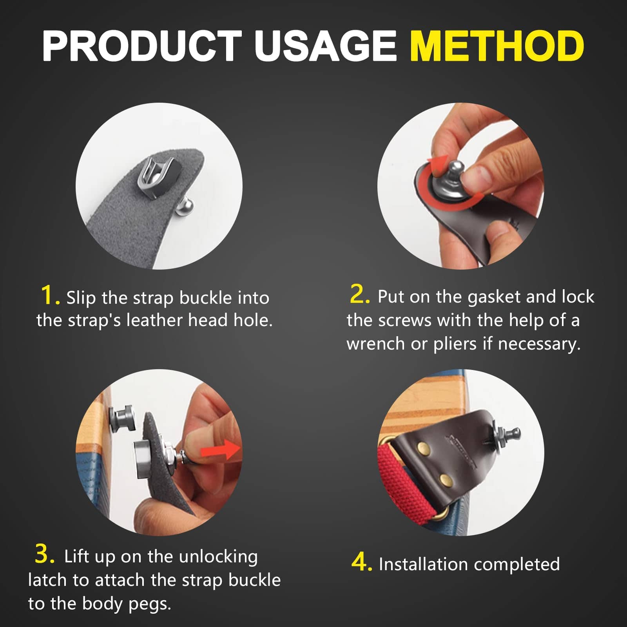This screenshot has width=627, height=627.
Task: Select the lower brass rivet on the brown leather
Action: coord(444,479)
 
